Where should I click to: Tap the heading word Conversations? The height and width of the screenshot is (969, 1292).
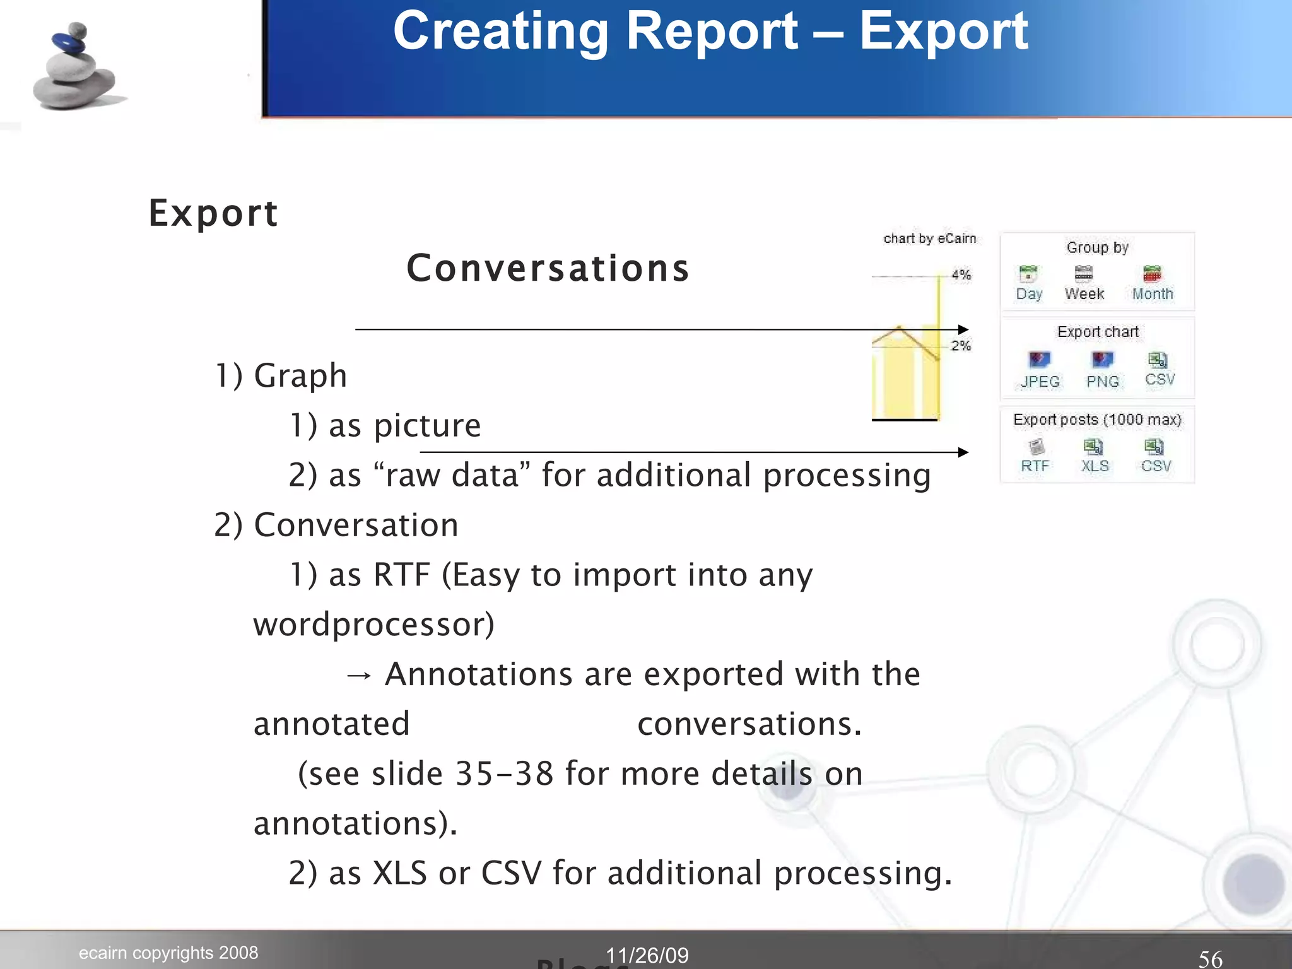[548, 268]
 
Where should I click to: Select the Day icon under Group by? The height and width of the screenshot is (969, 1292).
[1028, 274]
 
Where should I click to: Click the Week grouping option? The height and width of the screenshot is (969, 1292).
[1084, 274]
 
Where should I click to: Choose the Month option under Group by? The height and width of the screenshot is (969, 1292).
[1152, 274]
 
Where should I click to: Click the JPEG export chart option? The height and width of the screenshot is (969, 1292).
[1039, 360]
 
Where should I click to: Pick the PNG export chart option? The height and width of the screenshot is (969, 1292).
[1102, 360]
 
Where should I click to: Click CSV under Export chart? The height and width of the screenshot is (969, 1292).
[1158, 360]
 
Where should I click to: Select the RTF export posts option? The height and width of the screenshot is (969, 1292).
[1035, 448]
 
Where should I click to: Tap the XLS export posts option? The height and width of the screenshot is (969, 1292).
[1093, 448]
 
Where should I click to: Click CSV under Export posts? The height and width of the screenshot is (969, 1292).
[1154, 448]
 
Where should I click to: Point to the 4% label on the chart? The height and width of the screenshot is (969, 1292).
[961, 275]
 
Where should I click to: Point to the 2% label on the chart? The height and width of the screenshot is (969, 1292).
[961, 346]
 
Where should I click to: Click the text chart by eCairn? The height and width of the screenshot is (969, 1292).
[929, 238]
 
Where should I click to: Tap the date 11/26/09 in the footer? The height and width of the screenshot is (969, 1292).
[647, 955]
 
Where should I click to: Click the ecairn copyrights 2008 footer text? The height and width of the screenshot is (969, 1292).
[168, 953]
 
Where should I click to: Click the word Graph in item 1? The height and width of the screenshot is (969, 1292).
[300, 376]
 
